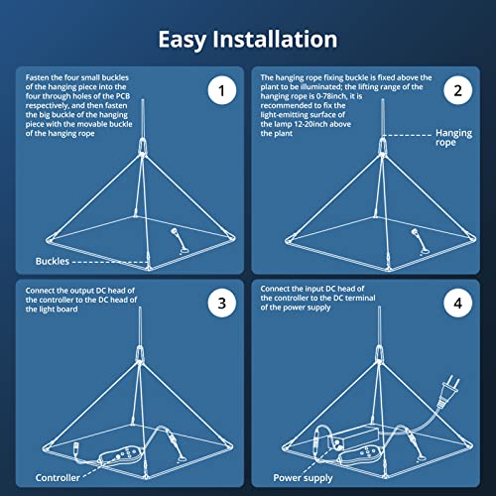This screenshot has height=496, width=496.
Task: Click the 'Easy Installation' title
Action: click(x=248, y=40)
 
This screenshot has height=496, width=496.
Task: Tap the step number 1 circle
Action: click(x=222, y=90)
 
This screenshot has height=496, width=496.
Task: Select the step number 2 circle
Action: click(x=457, y=90)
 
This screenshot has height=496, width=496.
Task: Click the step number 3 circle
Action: click(x=222, y=304)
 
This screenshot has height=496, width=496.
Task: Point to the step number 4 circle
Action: click(x=457, y=304)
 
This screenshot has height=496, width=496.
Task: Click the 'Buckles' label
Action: click(x=53, y=261)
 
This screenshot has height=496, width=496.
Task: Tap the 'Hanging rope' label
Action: click(x=453, y=138)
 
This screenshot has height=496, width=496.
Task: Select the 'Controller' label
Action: click(x=58, y=478)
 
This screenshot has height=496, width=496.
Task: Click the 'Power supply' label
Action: click(x=303, y=478)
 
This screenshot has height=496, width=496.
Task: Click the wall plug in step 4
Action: click(x=448, y=390)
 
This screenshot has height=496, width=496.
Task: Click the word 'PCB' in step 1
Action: click(x=123, y=96)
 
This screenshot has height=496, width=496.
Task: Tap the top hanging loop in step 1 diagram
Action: click(x=143, y=146)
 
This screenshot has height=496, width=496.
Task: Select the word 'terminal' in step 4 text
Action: click(x=360, y=298)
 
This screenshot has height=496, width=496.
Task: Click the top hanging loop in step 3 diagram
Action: click(x=140, y=353)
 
